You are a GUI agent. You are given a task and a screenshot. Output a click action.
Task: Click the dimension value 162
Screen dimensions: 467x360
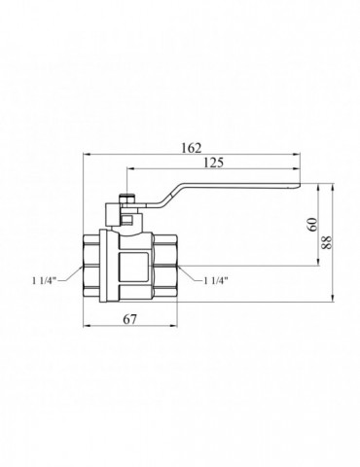click(x=191, y=148)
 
